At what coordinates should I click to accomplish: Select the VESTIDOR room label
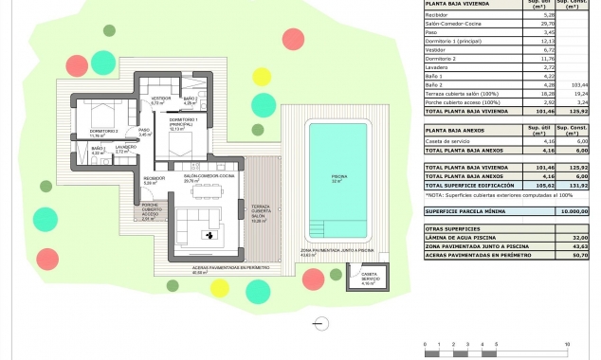[160, 98]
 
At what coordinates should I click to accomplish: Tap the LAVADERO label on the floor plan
[126, 149]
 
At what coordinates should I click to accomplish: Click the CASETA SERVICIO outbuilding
[368, 279]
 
